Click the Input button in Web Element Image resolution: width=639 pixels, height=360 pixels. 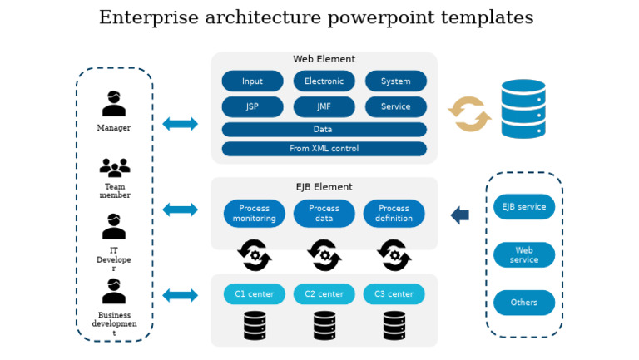click(x=252, y=81)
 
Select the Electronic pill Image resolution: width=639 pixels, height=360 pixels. click(x=324, y=81)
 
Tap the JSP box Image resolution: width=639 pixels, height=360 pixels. click(x=252, y=106)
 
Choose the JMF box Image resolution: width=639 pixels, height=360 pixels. click(x=324, y=106)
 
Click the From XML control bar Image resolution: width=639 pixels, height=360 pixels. click(x=324, y=149)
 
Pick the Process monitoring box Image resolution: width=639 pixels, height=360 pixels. click(x=254, y=214)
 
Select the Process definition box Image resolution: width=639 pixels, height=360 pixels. click(x=394, y=214)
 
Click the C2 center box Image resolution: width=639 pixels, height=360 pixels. click(x=324, y=294)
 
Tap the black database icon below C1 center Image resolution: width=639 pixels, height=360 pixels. click(x=255, y=326)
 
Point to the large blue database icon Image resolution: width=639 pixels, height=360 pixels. click(x=523, y=109)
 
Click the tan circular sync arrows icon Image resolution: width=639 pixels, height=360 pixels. click(x=469, y=114)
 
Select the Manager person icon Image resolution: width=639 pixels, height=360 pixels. click(x=114, y=104)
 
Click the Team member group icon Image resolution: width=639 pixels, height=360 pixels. click(x=115, y=167)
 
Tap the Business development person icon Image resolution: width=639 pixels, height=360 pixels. click(x=114, y=292)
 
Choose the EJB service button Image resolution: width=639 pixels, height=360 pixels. click(x=523, y=207)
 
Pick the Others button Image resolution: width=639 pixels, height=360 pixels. click(x=523, y=303)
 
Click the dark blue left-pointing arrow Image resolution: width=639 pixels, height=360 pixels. click(x=460, y=215)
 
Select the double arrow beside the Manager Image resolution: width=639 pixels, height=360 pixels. click(x=180, y=124)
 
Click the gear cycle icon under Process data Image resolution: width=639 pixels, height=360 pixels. click(x=324, y=255)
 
